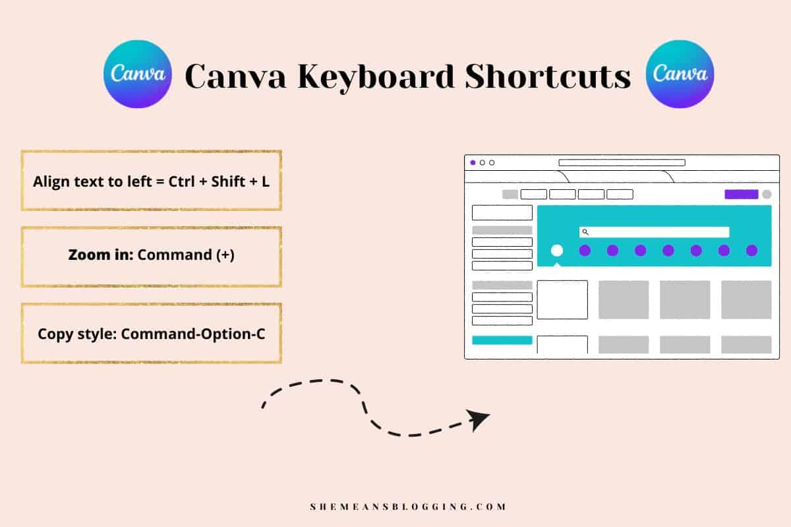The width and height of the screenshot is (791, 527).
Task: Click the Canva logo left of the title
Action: click(x=138, y=74)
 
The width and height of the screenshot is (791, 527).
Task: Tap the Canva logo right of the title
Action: click(x=680, y=74)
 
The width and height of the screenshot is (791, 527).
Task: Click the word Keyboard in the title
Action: click(x=376, y=77)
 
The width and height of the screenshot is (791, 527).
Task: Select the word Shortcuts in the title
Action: click(x=548, y=76)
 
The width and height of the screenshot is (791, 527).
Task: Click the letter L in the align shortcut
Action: click(x=265, y=181)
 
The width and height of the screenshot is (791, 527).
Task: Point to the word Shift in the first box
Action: click(x=228, y=181)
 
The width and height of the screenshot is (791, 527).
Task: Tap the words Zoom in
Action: click(x=101, y=255)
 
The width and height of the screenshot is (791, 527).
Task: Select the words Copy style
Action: click(x=77, y=334)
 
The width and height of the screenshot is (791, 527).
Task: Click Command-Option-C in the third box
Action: click(x=192, y=334)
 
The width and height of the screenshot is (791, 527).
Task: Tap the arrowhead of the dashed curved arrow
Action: click(x=477, y=419)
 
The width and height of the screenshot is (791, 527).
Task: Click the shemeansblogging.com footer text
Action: click(x=408, y=507)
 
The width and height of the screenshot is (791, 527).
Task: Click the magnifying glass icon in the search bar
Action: click(x=585, y=232)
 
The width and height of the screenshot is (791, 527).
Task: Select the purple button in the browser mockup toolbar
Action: click(x=741, y=194)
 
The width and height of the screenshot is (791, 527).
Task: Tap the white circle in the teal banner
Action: click(x=557, y=251)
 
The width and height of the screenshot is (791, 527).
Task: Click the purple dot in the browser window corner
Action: click(x=473, y=163)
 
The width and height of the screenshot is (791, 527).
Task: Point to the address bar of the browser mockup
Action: click(x=622, y=163)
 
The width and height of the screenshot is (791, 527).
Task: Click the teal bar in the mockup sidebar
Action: click(x=502, y=340)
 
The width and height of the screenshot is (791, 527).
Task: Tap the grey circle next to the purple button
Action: click(x=767, y=194)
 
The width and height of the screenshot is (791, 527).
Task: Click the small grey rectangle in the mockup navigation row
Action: click(x=510, y=194)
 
